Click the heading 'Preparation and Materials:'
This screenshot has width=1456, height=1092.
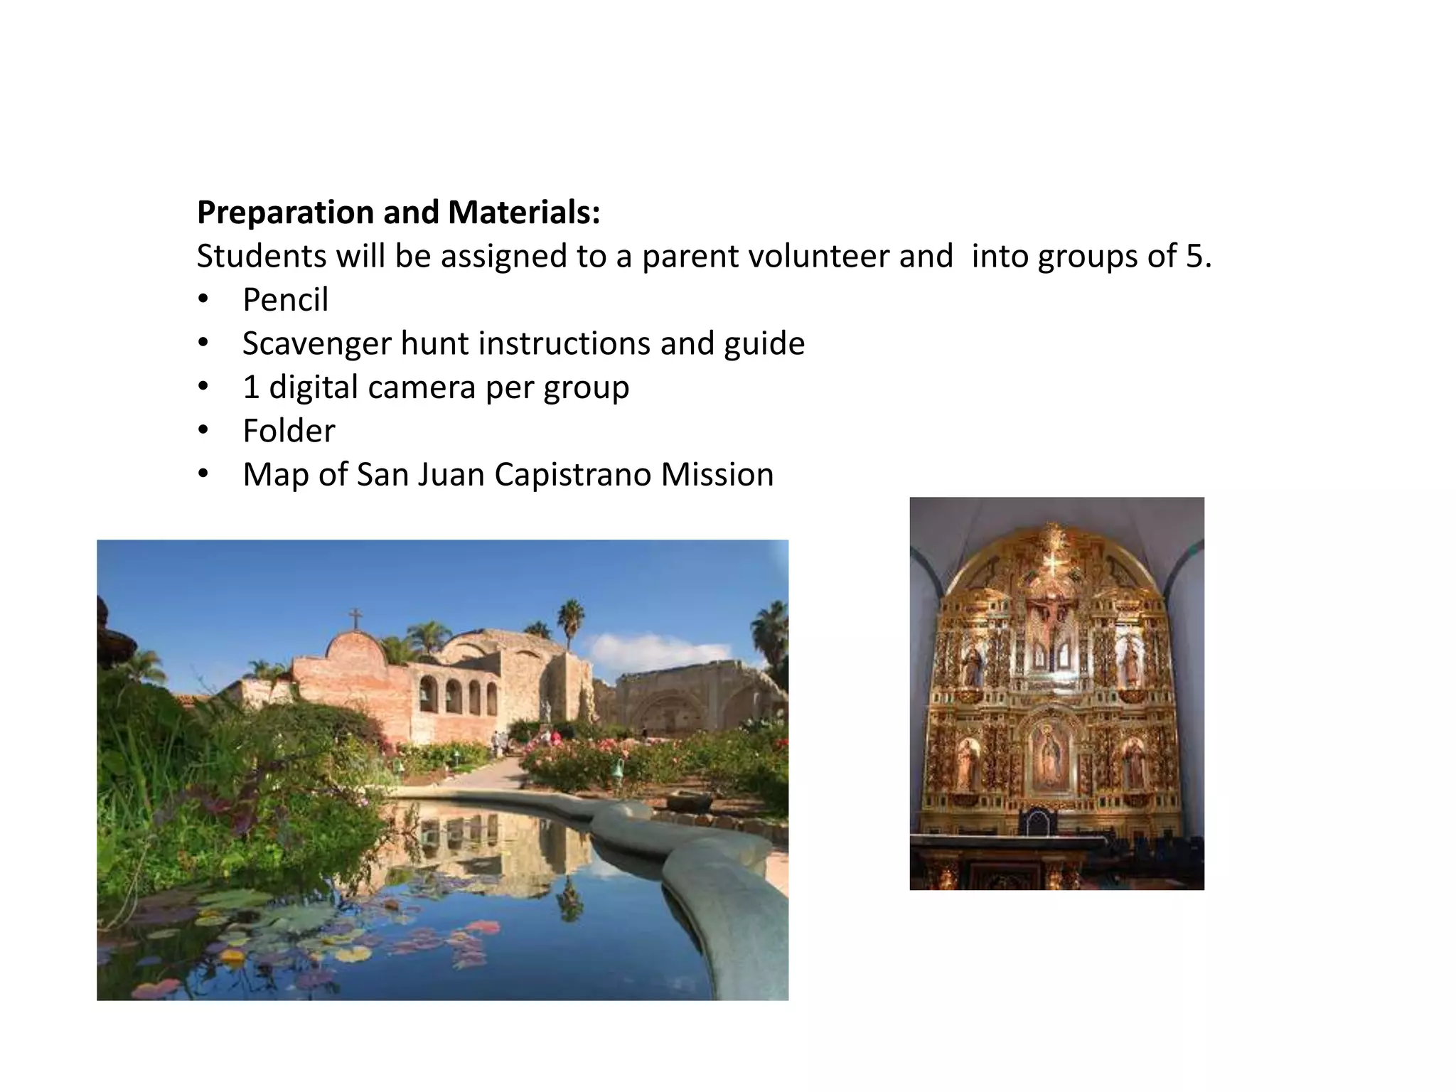[x=398, y=213]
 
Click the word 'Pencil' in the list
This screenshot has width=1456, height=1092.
[x=285, y=300]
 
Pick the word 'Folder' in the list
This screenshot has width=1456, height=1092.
[x=288, y=432]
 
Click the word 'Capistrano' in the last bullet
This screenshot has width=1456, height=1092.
[x=572, y=475]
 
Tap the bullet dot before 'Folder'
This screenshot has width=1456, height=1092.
[x=203, y=431]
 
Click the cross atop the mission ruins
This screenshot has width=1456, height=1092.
[x=355, y=618]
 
